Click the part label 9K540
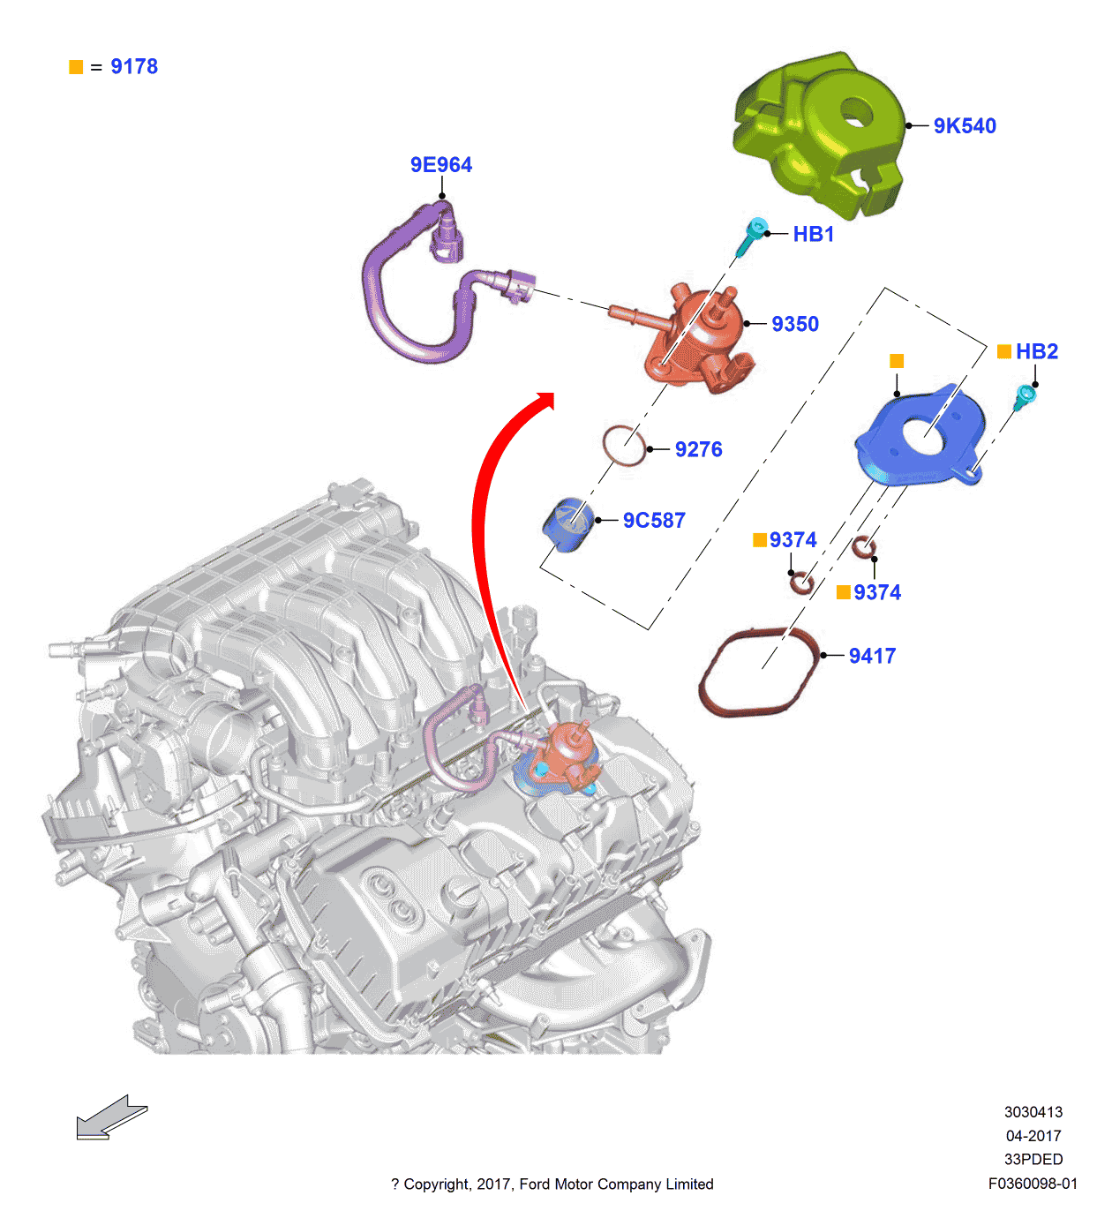[965, 126]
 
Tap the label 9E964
[440, 165]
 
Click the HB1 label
[813, 234]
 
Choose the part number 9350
[795, 324]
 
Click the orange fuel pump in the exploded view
[702, 340]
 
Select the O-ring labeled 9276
[623, 446]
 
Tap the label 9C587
[654, 521]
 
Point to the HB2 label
[1036, 351]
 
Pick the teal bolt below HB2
[1024, 397]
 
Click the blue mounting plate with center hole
[918, 437]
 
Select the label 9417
[872, 656]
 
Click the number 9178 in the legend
[134, 67]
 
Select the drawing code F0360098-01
[1033, 1184]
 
